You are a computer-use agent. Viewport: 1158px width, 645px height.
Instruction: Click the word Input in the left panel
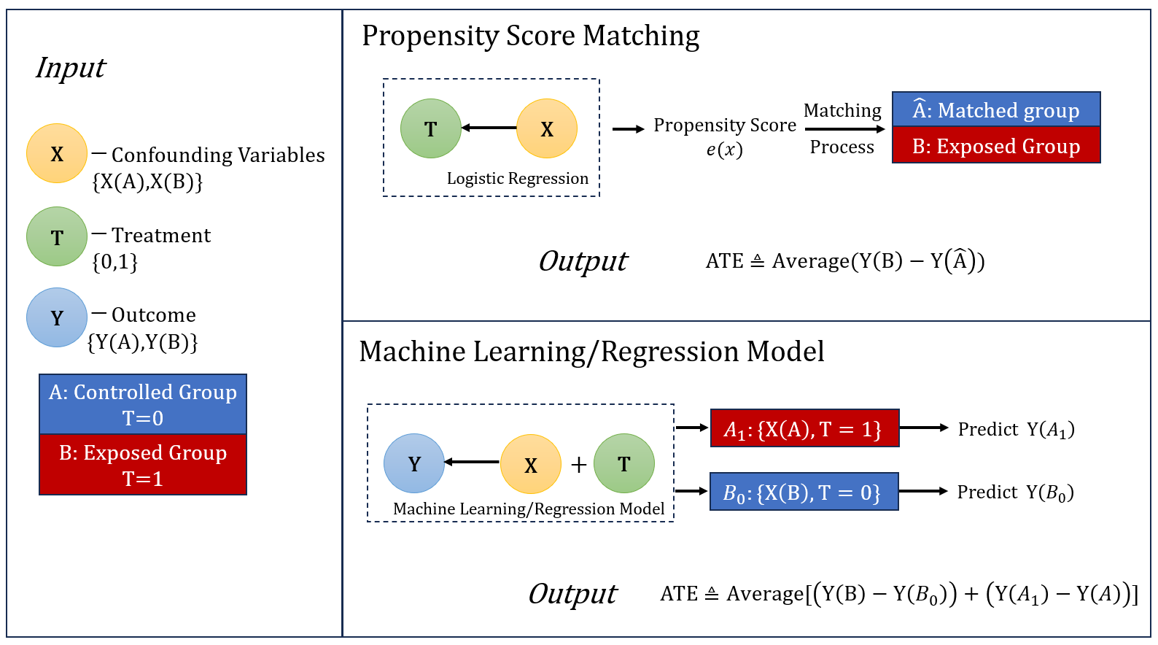71,68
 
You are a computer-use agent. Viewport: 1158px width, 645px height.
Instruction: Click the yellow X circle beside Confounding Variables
57,153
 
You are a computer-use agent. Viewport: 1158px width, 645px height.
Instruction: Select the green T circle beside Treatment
57,236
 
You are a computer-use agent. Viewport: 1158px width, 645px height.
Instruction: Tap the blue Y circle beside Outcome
57,317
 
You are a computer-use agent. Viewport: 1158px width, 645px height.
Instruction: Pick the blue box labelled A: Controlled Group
143,404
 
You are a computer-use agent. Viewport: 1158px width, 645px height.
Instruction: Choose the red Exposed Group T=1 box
143,465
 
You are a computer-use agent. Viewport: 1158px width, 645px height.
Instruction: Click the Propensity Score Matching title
530,36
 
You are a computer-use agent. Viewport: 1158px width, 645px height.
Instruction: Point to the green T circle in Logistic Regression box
431,128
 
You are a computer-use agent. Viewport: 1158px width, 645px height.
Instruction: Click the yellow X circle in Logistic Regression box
547,128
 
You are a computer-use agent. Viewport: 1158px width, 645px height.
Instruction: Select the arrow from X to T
489,128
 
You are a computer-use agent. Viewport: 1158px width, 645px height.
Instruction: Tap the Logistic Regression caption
517,179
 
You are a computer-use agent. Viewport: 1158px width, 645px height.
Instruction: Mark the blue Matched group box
996,109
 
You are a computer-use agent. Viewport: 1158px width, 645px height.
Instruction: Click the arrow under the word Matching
844,129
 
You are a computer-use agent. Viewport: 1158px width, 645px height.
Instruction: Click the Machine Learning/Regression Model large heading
591,352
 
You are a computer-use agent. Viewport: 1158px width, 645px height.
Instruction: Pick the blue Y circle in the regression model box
414,463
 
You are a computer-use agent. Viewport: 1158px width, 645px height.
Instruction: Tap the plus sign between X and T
578,465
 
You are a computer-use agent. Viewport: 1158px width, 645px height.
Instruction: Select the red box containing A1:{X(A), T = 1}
804,428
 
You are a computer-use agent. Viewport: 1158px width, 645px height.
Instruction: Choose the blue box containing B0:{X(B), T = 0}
804,492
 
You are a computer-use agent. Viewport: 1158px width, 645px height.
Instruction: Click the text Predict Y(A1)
1016,429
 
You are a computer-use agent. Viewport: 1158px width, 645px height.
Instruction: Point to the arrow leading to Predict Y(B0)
923,491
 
